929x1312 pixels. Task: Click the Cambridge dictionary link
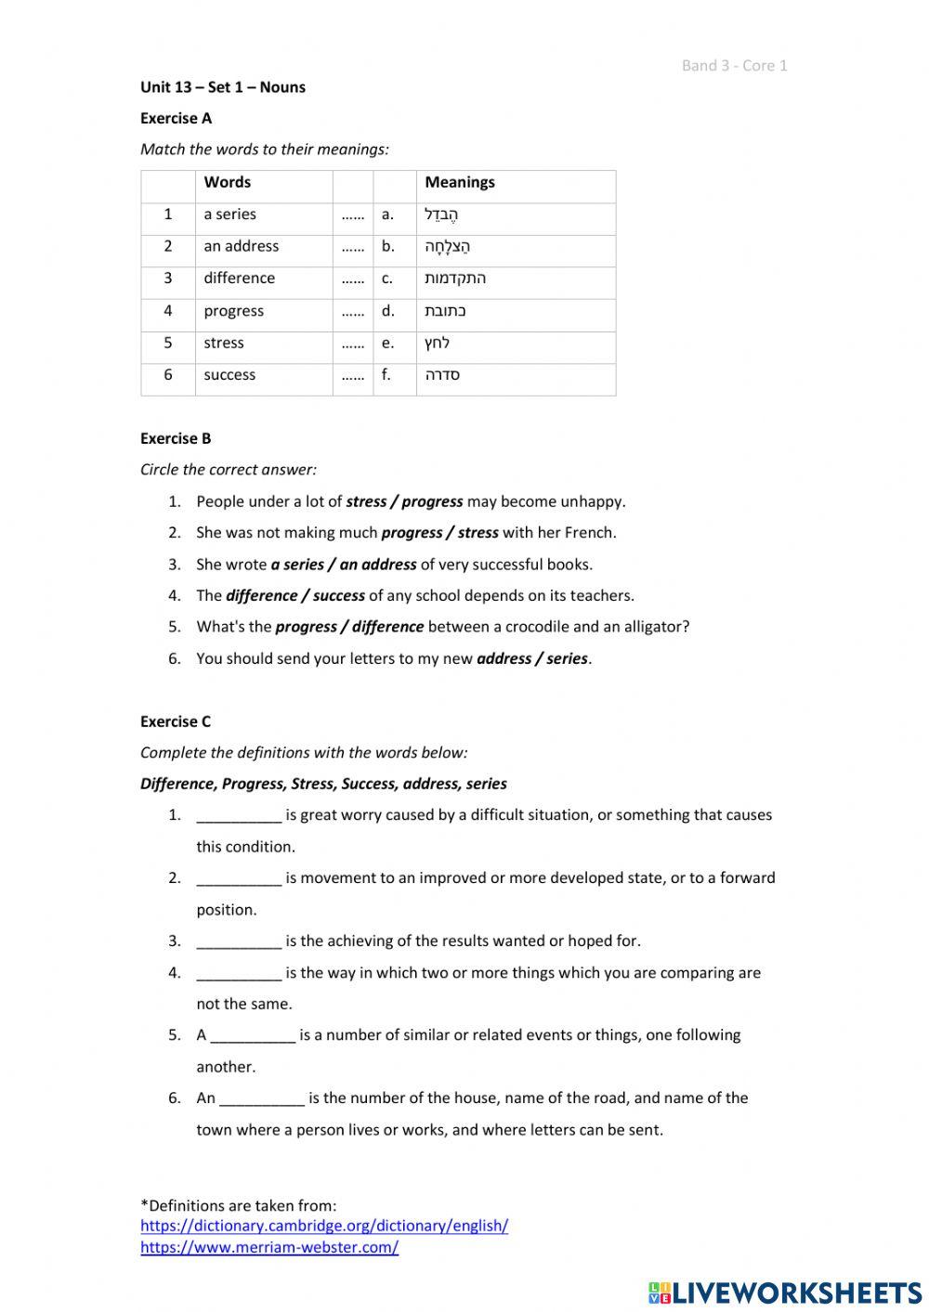(324, 1226)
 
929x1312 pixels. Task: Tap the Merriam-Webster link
(269, 1248)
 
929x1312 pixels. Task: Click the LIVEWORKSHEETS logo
(785, 1292)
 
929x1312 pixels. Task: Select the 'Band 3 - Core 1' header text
(734, 66)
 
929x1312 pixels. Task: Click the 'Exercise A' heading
(176, 118)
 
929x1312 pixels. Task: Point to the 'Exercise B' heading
(176, 438)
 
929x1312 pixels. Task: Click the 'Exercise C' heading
(176, 721)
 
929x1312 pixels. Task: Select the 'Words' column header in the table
(228, 183)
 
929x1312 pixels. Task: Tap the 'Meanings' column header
(460, 183)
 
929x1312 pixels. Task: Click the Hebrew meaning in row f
(442, 375)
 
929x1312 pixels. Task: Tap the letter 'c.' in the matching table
(387, 279)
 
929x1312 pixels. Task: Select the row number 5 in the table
(168, 343)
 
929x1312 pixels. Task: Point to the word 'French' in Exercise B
(588, 533)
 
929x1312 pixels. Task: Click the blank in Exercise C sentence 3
(239, 942)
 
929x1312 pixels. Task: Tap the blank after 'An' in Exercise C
(262, 1098)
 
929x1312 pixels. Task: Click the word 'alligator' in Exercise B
(645, 627)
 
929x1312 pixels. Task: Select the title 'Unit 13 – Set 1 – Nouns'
(223, 87)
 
